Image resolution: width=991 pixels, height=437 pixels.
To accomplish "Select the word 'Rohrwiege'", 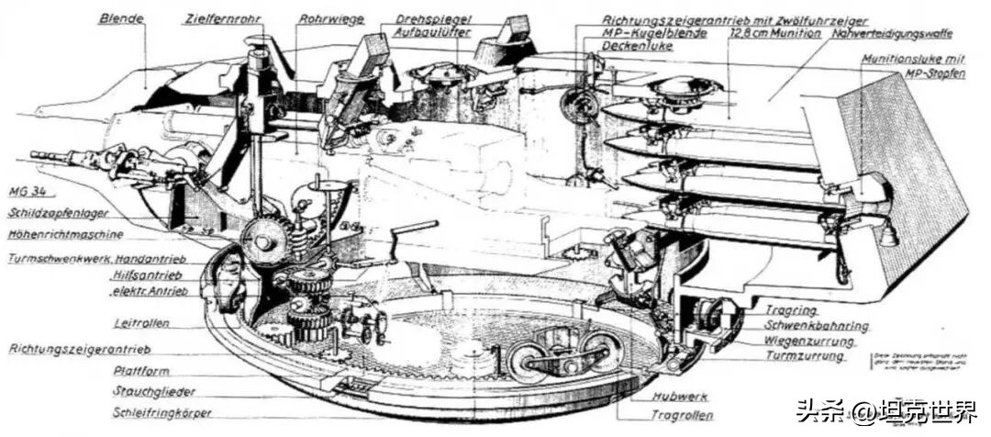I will [332, 17].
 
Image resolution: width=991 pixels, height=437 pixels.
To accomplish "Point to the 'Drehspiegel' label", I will [432, 18].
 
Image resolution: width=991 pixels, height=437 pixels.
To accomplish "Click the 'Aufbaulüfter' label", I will [433, 31].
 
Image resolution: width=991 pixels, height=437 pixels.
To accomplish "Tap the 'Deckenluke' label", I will [638, 44].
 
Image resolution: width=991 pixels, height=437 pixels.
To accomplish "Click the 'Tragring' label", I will [786, 310].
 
